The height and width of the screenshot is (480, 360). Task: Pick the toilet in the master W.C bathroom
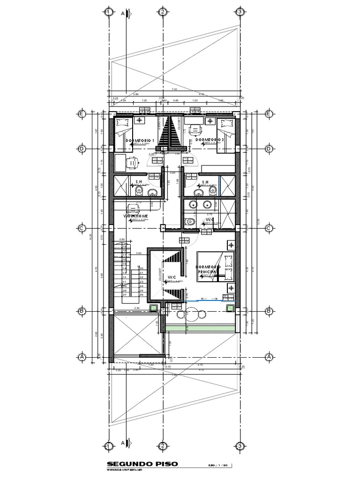point(188,222)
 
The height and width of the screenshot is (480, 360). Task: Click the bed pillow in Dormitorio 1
point(123,123)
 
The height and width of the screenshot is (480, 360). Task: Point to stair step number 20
point(141,268)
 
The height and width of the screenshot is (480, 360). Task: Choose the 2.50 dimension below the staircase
point(137,308)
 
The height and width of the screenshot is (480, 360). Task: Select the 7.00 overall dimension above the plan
point(174,89)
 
